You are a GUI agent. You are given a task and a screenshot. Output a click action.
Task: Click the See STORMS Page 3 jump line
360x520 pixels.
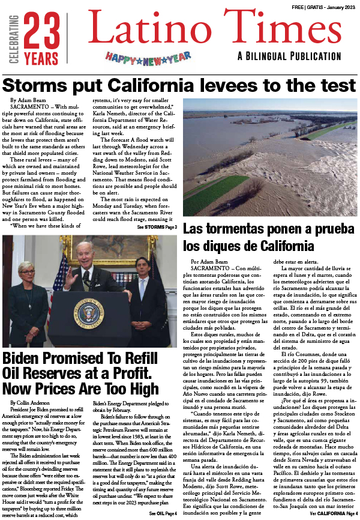pos(157,228)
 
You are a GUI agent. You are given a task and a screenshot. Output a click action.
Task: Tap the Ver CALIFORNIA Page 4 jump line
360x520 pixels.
pos(334,513)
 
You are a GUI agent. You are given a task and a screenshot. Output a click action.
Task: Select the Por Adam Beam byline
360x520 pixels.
pos(210,262)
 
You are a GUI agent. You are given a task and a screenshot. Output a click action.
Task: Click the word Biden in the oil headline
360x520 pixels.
pos(25,360)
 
